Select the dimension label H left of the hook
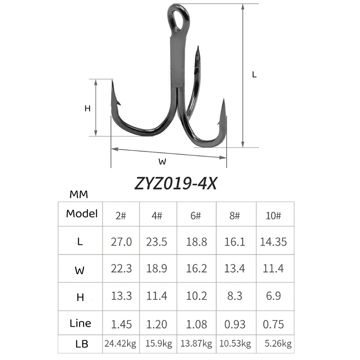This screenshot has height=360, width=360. click(x=88, y=108)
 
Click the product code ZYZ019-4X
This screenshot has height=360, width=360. click(x=175, y=184)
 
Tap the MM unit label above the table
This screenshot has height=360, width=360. click(x=79, y=195)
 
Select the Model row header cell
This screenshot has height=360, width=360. click(x=81, y=214)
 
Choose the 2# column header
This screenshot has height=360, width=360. click(x=121, y=215)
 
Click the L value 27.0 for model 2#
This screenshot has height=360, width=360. click(x=121, y=242)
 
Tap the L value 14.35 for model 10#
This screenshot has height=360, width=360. click(x=273, y=242)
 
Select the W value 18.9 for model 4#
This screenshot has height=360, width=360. click(x=157, y=269)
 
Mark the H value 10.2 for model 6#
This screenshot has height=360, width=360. click(x=197, y=296)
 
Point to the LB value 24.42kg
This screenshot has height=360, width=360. click(x=121, y=345)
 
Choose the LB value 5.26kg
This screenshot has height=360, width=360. click(x=275, y=345)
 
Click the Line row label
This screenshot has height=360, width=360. click(x=81, y=323)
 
